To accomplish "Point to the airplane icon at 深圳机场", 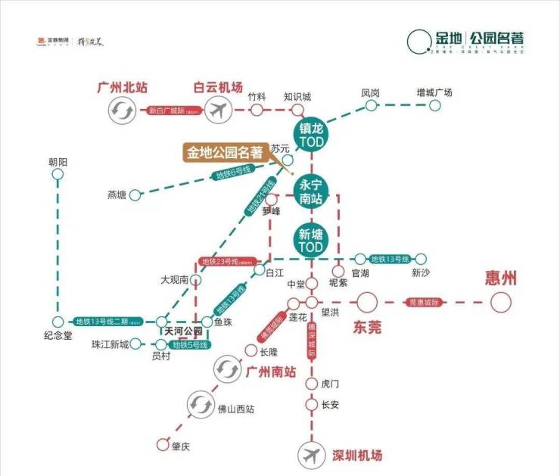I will tap(311, 456).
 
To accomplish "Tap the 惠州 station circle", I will tap(501, 303).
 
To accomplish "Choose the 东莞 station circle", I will tap(367, 303).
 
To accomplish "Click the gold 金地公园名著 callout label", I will tap(224, 151).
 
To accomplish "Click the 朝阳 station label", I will tap(58, 163).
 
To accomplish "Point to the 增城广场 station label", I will tap(434, 92).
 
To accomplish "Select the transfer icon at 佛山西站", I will tap(201, 403).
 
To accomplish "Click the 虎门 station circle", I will tap(311, 384).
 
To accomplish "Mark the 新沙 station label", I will tap(420, 273).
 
